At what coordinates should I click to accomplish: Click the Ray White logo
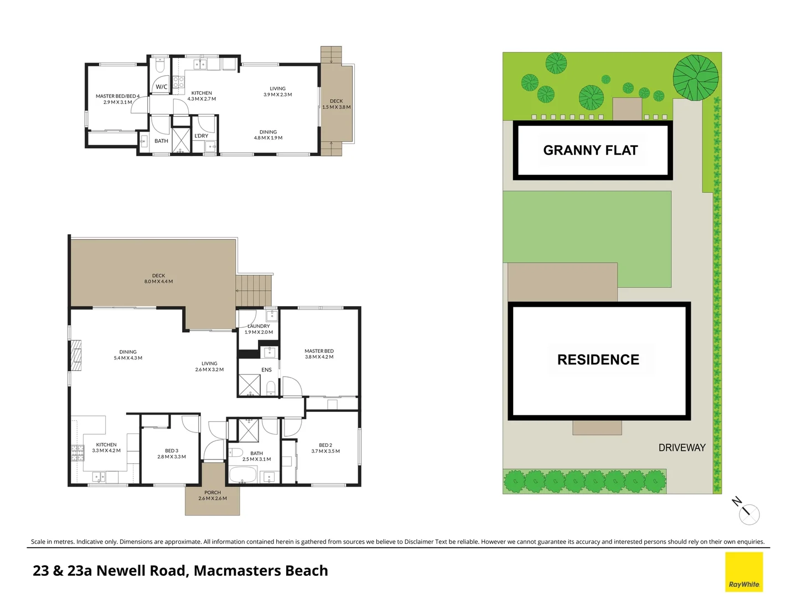pos(744,572)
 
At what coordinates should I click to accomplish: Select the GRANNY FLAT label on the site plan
pos(591,150)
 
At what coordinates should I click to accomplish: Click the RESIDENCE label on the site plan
pos(598,359)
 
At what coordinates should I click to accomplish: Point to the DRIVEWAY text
pos(681,447)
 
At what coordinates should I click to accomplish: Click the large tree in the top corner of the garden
pos(695,78)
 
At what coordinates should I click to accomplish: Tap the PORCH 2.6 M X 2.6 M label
pos(213,496)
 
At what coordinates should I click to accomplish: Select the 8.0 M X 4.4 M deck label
pos(158,279)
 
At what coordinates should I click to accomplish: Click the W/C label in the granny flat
pos(161,87)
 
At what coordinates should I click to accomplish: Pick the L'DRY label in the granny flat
pos(201,136)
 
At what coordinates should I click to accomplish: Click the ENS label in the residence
pos(266,370)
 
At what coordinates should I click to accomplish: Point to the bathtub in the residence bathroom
pos(243,475)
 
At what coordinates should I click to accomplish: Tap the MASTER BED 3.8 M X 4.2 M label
pos(319,354)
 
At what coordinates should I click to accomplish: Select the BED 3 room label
pos(172,453)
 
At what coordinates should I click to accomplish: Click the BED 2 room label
pos(325,448)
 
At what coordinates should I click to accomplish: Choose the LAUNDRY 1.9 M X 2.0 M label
pos(258,329)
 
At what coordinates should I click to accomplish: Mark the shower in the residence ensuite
pos(249,385)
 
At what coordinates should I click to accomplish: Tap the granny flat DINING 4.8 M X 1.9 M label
pos(268,135)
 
